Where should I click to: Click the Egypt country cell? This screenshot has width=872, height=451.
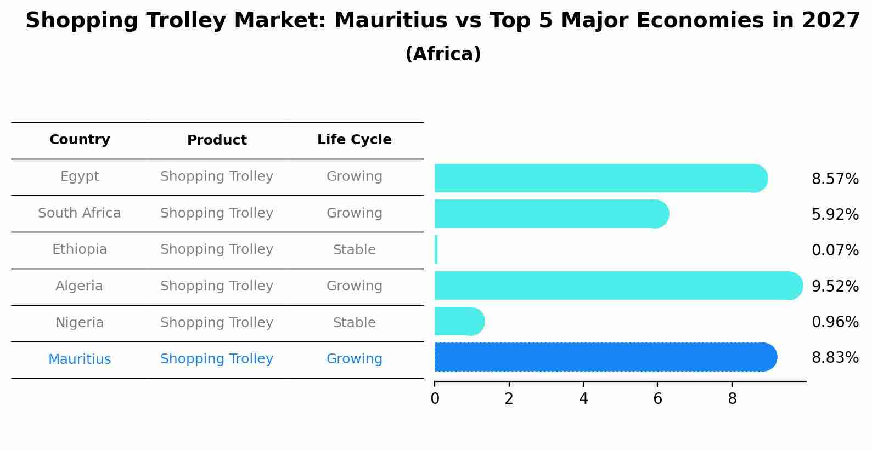tap(80, 176)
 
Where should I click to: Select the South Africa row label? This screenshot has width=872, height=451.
tap(80, 213)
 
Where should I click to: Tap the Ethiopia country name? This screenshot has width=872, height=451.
tap(80, 249)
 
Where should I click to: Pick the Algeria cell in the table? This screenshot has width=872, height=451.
tap(80, 286)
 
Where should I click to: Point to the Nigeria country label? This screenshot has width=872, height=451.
tap(80, 323)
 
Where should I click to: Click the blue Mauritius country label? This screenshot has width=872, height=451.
tap(80, 359)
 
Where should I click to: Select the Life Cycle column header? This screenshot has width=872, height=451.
tap(355, 140)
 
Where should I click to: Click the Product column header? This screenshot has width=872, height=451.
tap(217, 140)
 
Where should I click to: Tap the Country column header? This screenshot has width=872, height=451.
tap(80, 140)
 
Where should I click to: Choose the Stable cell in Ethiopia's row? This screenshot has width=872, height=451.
tap(355, 250)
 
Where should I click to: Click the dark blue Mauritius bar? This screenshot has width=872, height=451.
tap(604, 357)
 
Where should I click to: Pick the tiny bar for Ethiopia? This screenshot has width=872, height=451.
tap(436, 249)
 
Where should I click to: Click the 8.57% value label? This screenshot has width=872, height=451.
tap(835, 179)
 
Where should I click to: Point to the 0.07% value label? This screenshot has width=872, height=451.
tap(835, 250)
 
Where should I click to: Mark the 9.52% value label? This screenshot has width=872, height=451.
tap(835, 286)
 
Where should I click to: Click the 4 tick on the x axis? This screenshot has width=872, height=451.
tap(583, 399)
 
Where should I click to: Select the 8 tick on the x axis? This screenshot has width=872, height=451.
tap(732, 399)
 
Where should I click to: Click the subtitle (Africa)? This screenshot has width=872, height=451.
tap(443, 54)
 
